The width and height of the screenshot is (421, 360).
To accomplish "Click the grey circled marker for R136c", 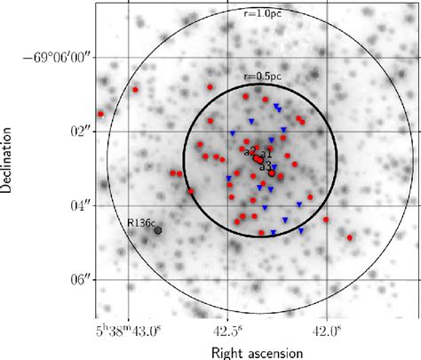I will [159, 230].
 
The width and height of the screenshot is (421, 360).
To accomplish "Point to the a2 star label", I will [250, 151].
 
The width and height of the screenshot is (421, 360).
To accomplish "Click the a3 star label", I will [265, 166].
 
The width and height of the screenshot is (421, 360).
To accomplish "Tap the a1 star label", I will [266, 154].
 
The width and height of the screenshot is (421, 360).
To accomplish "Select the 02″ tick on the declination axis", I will [82, 132].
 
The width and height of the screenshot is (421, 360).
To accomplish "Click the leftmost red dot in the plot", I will [100, 115].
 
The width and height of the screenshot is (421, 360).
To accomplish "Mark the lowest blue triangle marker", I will [274, 233].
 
